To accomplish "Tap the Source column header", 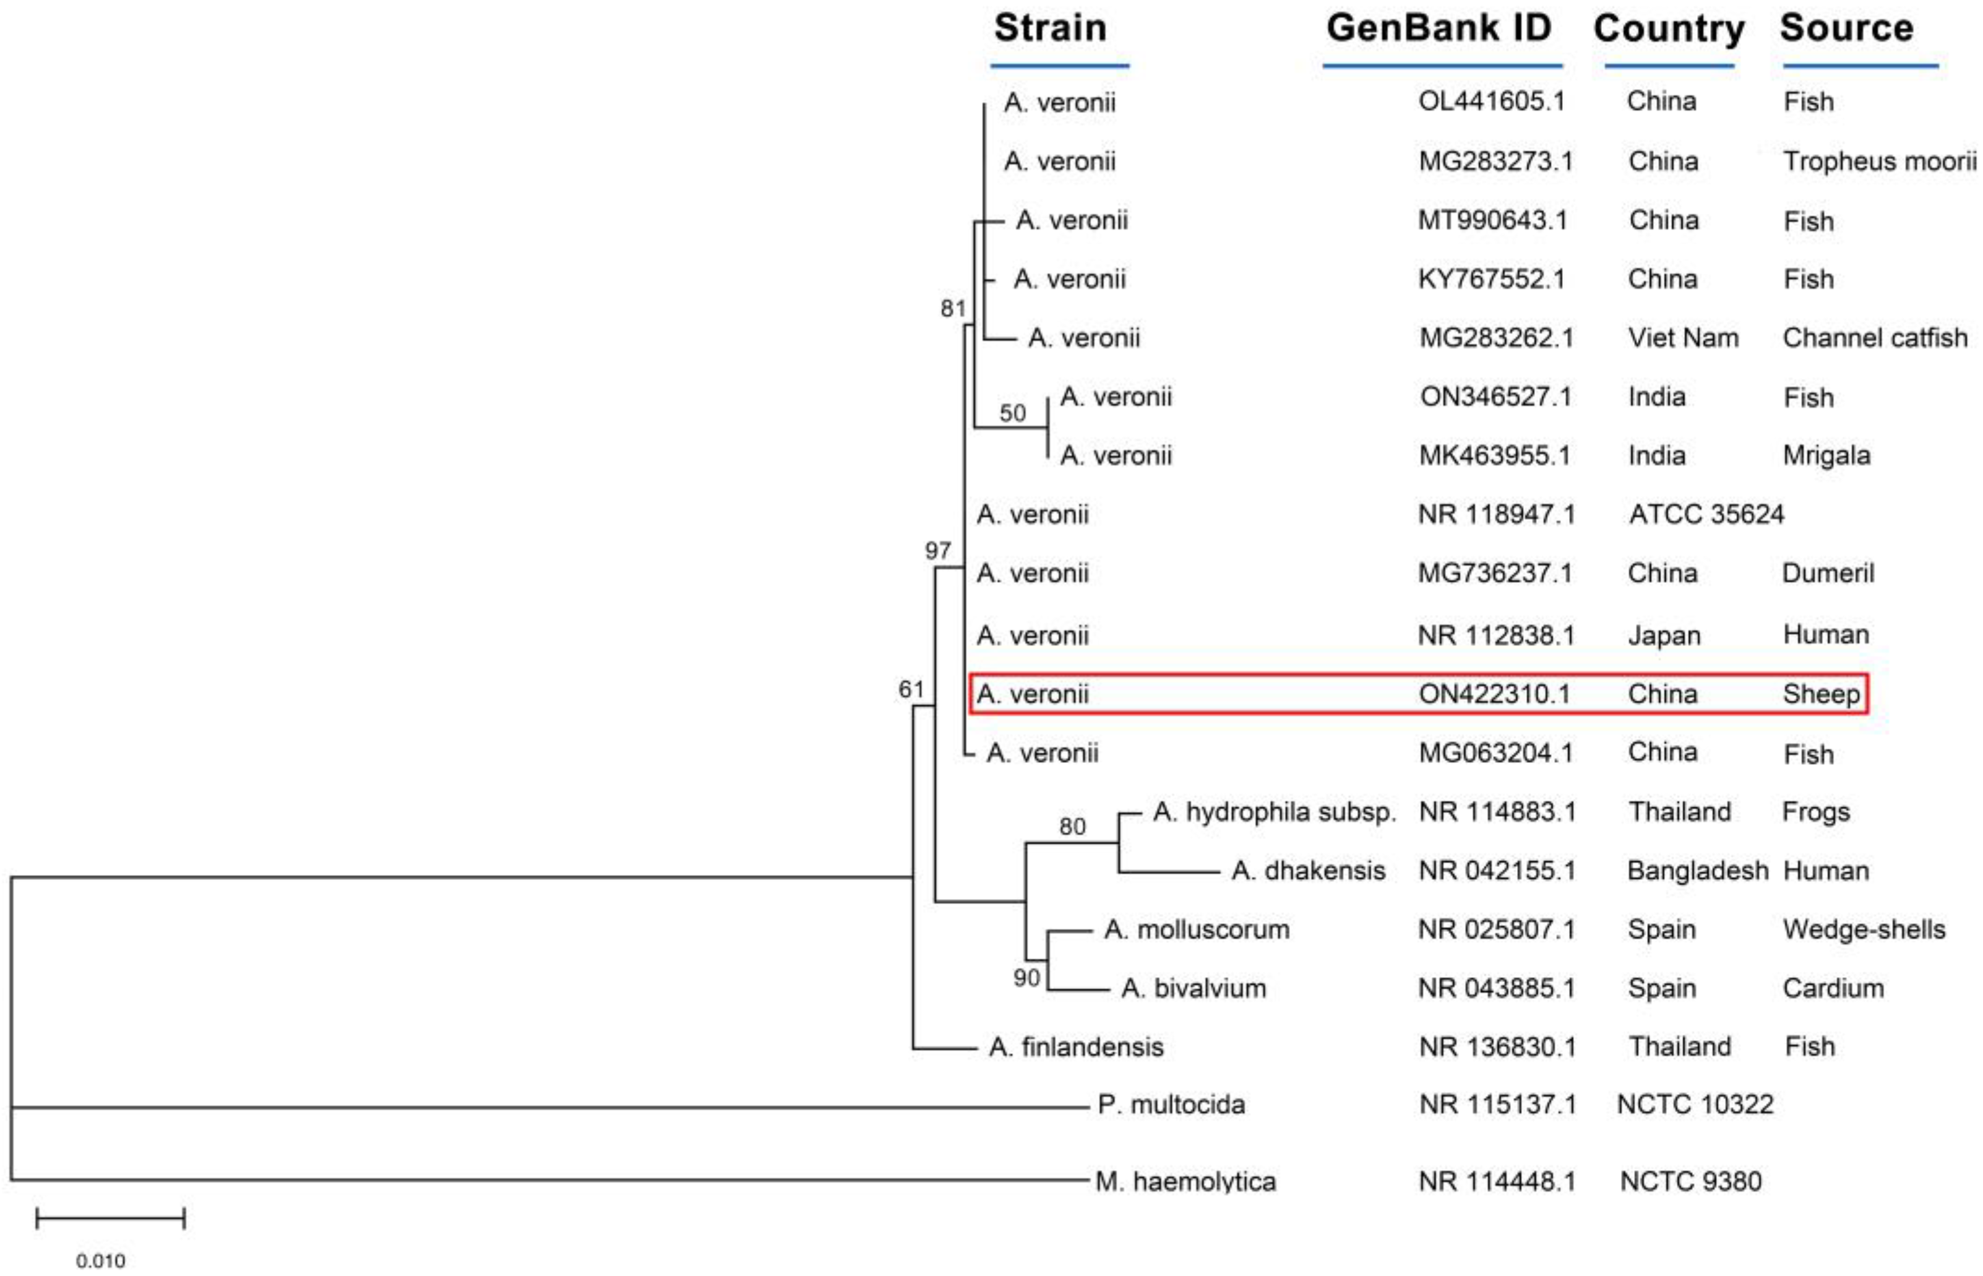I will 1846,28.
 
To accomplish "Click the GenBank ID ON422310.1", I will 1494,694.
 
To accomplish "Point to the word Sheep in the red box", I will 1821,694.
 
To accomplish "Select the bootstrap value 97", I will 937,551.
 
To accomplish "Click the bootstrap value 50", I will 1012,413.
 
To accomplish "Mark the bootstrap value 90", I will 1026,978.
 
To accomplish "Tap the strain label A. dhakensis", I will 1308,871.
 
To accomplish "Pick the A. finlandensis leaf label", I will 1076,1047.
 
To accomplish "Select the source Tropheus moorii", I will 1878,161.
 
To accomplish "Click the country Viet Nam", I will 1682,338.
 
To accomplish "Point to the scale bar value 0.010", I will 100,1261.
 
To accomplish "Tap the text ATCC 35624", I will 1706,514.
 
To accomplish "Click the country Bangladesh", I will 1697,871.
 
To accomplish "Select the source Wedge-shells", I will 1863,929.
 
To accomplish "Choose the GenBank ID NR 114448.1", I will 1496,1181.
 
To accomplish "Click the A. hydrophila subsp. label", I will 1274,812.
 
